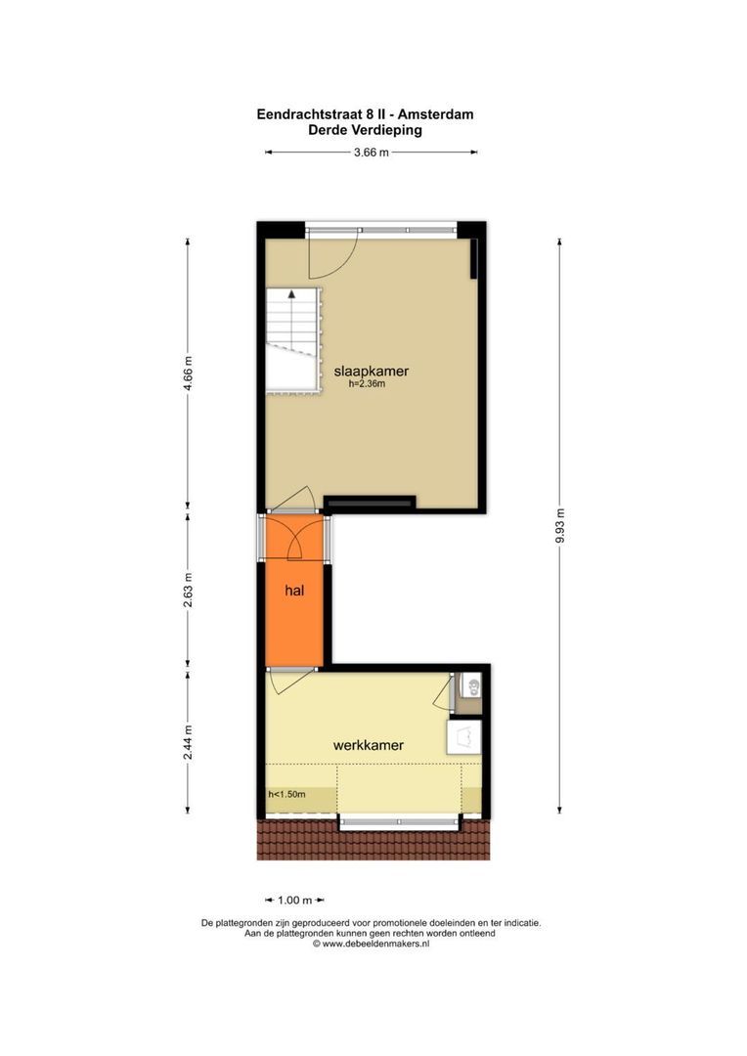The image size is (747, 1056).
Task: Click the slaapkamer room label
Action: tap(372, 372)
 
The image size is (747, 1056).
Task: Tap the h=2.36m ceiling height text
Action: tap(367, 384)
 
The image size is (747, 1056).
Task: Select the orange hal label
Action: tap(294, 591)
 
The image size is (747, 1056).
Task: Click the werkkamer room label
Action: tap(369, 745)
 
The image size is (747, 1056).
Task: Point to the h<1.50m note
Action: tap(286, 795)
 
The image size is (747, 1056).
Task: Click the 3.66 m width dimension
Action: tap(372, 153)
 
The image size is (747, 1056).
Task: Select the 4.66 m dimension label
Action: tap(189, 374)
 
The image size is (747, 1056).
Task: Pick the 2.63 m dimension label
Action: tap(189, 590)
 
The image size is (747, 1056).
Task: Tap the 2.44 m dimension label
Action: tap(189, 742)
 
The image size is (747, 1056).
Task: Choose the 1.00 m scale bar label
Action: tap(295, 901)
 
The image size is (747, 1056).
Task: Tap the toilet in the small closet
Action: tap(473, 687)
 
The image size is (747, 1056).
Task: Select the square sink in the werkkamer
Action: tap(464, 738)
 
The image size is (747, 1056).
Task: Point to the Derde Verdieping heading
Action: tap(365, 130)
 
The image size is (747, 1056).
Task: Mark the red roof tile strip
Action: tap(373, 839)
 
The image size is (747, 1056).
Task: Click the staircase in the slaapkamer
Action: tap(291, 339)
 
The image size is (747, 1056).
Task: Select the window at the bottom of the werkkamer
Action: tap(400, 822)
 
